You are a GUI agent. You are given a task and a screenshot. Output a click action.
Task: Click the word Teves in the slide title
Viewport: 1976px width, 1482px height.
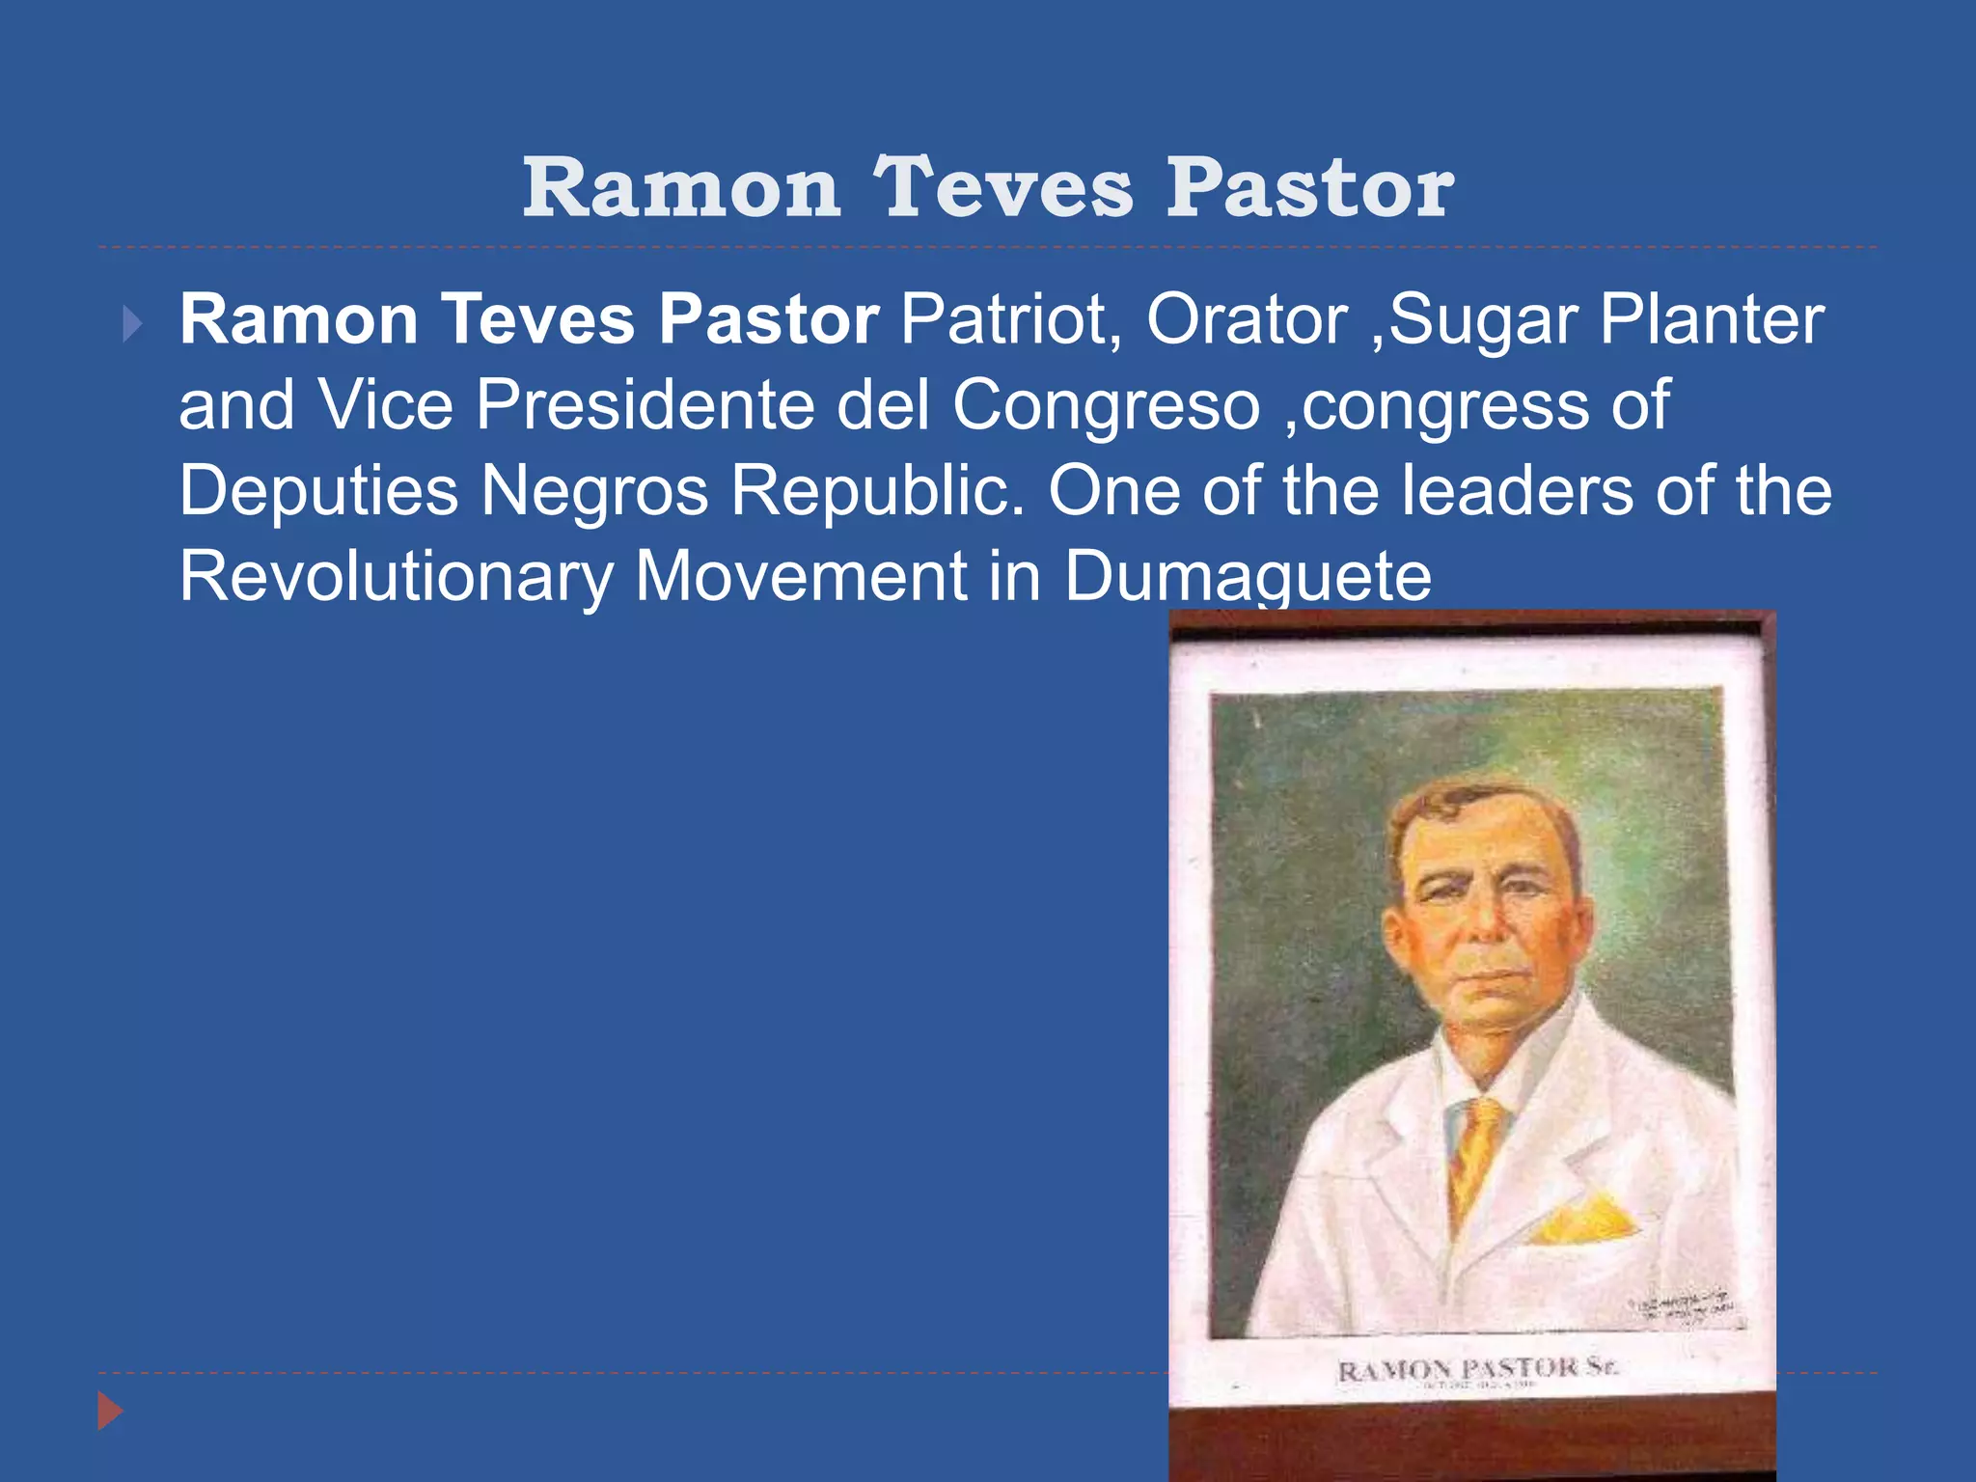(1002, 187)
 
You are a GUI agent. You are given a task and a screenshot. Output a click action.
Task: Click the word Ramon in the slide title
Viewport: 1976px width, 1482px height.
(681, 187)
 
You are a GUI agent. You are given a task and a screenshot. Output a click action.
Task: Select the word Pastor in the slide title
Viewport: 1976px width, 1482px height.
(1309, 187)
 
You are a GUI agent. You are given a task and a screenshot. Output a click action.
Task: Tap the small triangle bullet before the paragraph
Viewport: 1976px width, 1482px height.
(132, 325)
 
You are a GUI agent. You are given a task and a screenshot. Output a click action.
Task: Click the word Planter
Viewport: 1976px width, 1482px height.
(1713, 319)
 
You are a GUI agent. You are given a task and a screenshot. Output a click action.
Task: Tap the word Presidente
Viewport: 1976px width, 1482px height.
(645, 405)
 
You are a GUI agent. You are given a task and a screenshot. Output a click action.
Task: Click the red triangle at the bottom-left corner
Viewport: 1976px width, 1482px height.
(110, 1412)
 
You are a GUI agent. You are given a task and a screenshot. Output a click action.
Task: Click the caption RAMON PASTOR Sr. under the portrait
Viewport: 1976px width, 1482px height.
(1477, 1369)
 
